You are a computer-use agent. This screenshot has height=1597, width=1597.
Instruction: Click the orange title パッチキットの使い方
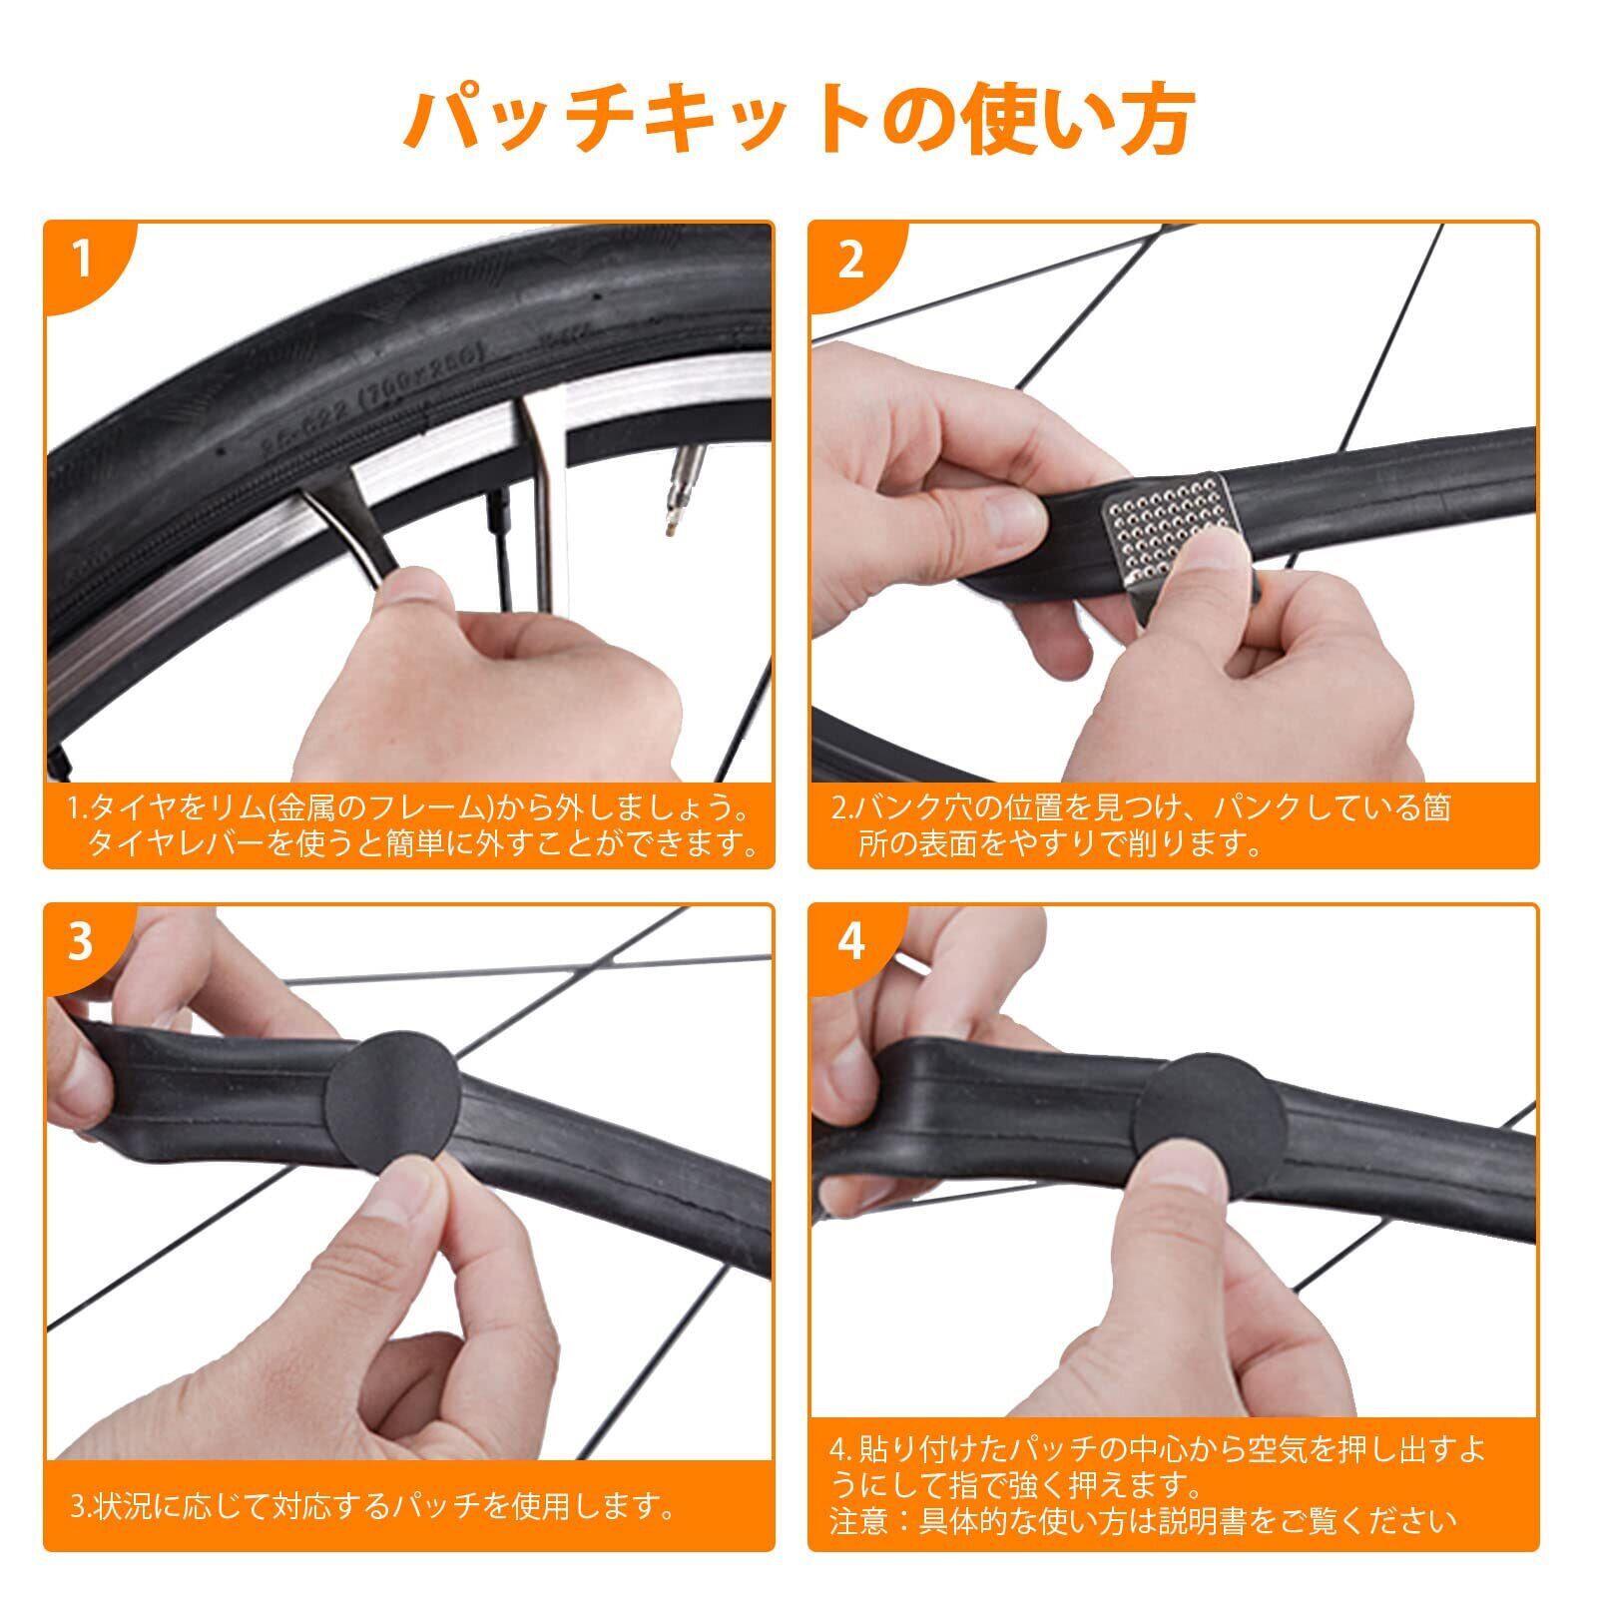coord(798,120)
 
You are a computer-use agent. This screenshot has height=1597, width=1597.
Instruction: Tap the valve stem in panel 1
coord(682,479)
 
